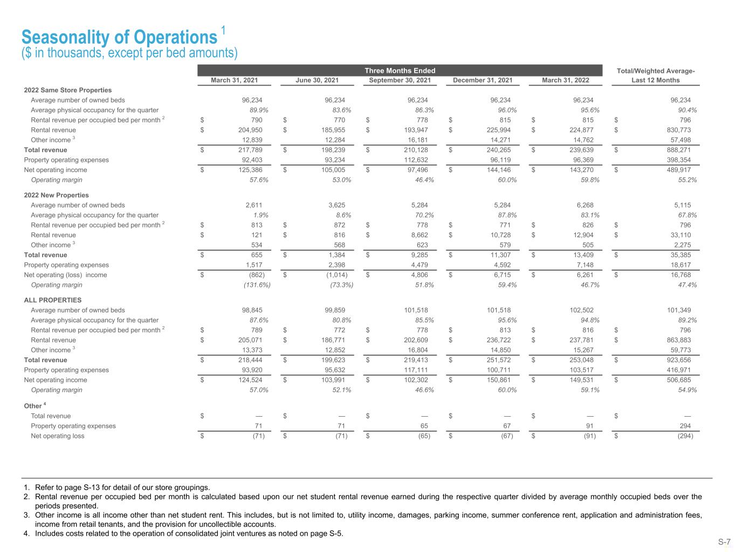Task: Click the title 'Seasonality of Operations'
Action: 119,37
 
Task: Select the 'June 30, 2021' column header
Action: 317,80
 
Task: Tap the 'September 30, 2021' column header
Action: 400,80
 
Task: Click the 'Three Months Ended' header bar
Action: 400,71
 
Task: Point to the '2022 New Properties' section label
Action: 56,195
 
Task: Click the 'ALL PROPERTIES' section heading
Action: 52,300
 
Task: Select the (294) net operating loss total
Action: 685,436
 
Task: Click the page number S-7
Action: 724,542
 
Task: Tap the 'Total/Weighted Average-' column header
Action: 655,71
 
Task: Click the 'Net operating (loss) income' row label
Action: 65,275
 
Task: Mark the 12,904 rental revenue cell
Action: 582,235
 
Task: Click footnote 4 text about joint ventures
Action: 189,534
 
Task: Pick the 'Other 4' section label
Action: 33,406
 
